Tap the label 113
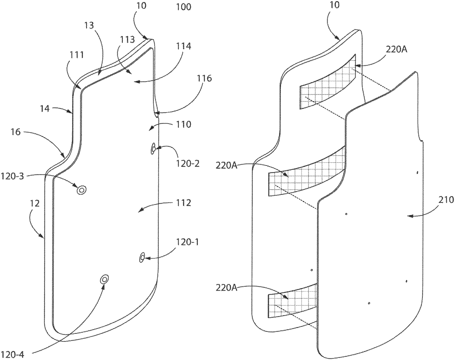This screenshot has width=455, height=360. point(127,39)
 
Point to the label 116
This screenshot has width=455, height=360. point(204,78)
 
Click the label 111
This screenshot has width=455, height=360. point(77,55)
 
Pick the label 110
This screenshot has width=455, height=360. point(183,124)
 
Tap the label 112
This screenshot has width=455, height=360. point(183,203)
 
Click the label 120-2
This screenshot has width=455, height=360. point(188,164)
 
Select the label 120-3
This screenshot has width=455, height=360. point(12,176)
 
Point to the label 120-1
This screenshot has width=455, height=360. point(188,242)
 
